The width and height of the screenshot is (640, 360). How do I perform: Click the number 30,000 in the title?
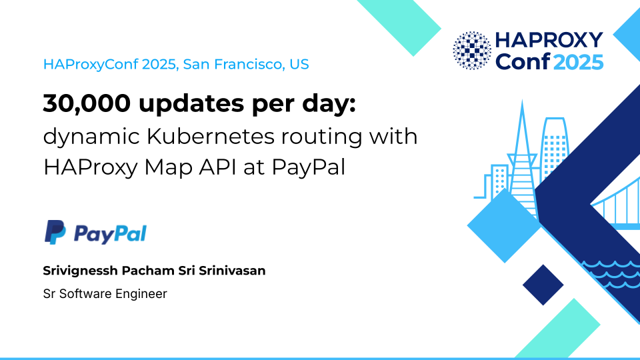point(87,104)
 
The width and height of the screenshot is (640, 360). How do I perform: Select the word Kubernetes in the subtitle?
point(211,136)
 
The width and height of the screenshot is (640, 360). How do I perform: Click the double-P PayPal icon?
point(55,232)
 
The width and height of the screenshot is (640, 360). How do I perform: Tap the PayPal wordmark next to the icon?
point(110,234)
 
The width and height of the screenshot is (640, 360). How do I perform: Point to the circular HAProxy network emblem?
point(472,51)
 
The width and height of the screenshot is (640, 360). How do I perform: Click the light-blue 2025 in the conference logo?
point(579,62)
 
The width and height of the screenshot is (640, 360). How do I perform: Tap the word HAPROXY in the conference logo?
point(549,40)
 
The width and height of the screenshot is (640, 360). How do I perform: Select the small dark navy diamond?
point(543,285)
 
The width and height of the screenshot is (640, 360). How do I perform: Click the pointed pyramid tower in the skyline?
point(523,163)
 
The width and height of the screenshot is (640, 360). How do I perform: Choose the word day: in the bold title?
point(329,104)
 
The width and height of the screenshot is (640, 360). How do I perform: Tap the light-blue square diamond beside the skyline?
point(505,225)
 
